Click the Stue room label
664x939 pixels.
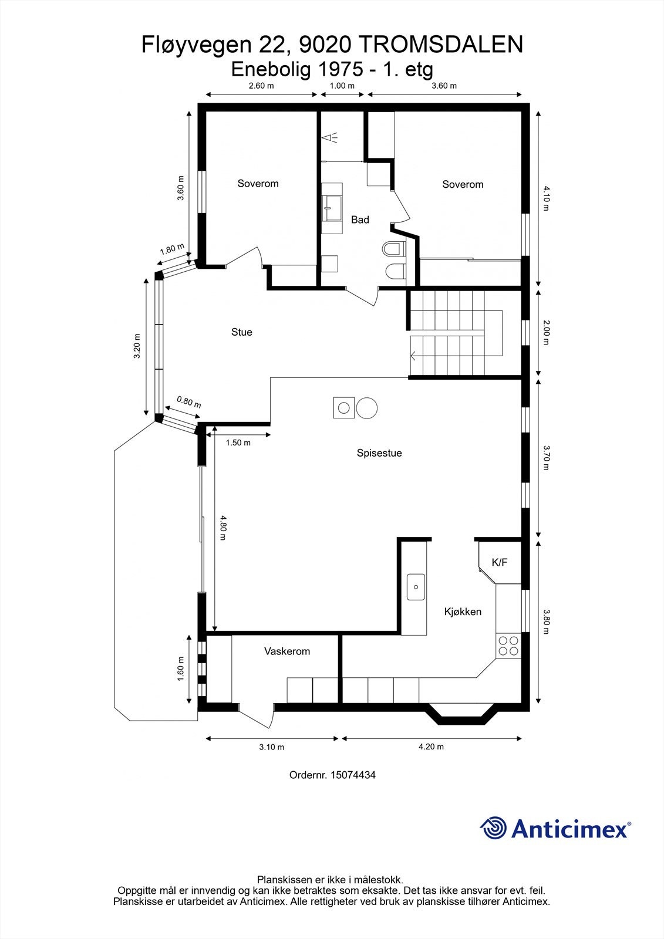coord(242,332)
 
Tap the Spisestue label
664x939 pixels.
coord(379,452)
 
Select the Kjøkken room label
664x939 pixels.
coord(463,612)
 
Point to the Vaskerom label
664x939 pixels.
coord(287,651)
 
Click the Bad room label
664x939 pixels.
coord(360,219)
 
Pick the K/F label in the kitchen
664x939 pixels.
coord(499,563)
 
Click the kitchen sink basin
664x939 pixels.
coord(416,587)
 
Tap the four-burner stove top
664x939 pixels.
coord(508,646)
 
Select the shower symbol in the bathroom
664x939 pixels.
coord(330,137)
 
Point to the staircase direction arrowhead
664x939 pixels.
coord(413,356)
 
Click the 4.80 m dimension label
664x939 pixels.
coord(223,528)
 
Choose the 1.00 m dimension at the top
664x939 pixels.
coord(342,86)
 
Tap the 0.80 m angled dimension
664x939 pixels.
coord(189,402)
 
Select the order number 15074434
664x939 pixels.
coord(353,775)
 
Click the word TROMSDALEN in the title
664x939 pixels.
coord(441,45)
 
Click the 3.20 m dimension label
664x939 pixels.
coord(137,346)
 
